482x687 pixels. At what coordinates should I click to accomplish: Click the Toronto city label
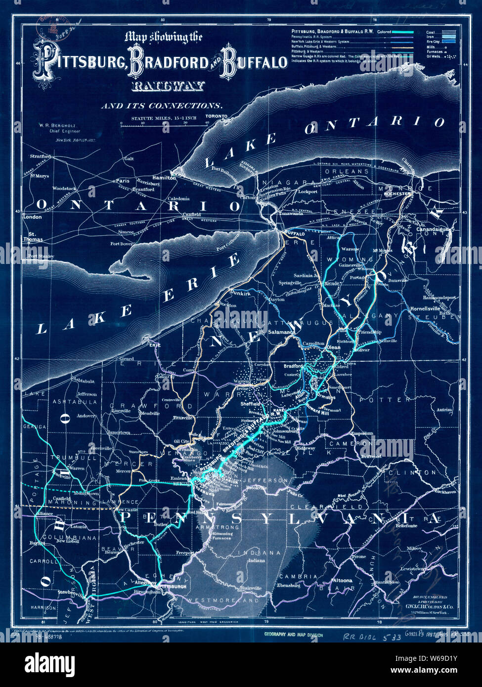click(217, 117)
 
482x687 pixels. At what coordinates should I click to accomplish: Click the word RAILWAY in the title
click(168, 87)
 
